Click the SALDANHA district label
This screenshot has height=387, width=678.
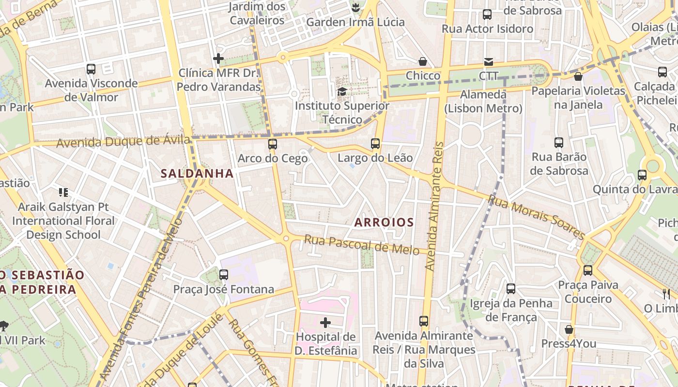pos(197,173)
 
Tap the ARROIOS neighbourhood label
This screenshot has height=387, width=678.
pos(384,223)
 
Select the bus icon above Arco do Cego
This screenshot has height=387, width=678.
pos(273,144)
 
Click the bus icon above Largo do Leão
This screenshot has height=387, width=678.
pos(375,143)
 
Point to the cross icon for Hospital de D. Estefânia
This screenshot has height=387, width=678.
pos(325,322)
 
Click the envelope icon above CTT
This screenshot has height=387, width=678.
pos(488,62)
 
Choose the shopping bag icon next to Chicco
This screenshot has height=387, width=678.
pos(423,61)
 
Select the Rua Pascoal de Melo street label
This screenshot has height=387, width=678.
pos(361,244)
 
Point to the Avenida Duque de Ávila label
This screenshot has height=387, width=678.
pos(123,142)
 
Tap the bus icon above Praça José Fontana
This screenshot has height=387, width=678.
pos(224,275)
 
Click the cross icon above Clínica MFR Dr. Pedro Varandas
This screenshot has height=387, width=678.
pos(218,59)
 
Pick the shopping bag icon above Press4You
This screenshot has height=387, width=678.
pos(569,329)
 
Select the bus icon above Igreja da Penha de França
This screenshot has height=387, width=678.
pos(511,289)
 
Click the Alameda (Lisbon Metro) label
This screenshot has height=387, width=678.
pos(483,101)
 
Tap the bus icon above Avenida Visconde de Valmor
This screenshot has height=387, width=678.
pos(91,69)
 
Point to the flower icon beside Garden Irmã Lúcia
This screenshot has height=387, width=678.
pos(355,8)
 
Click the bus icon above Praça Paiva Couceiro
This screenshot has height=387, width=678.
pos(588,270)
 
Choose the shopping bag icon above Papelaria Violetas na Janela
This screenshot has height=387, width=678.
pos(578,76)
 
